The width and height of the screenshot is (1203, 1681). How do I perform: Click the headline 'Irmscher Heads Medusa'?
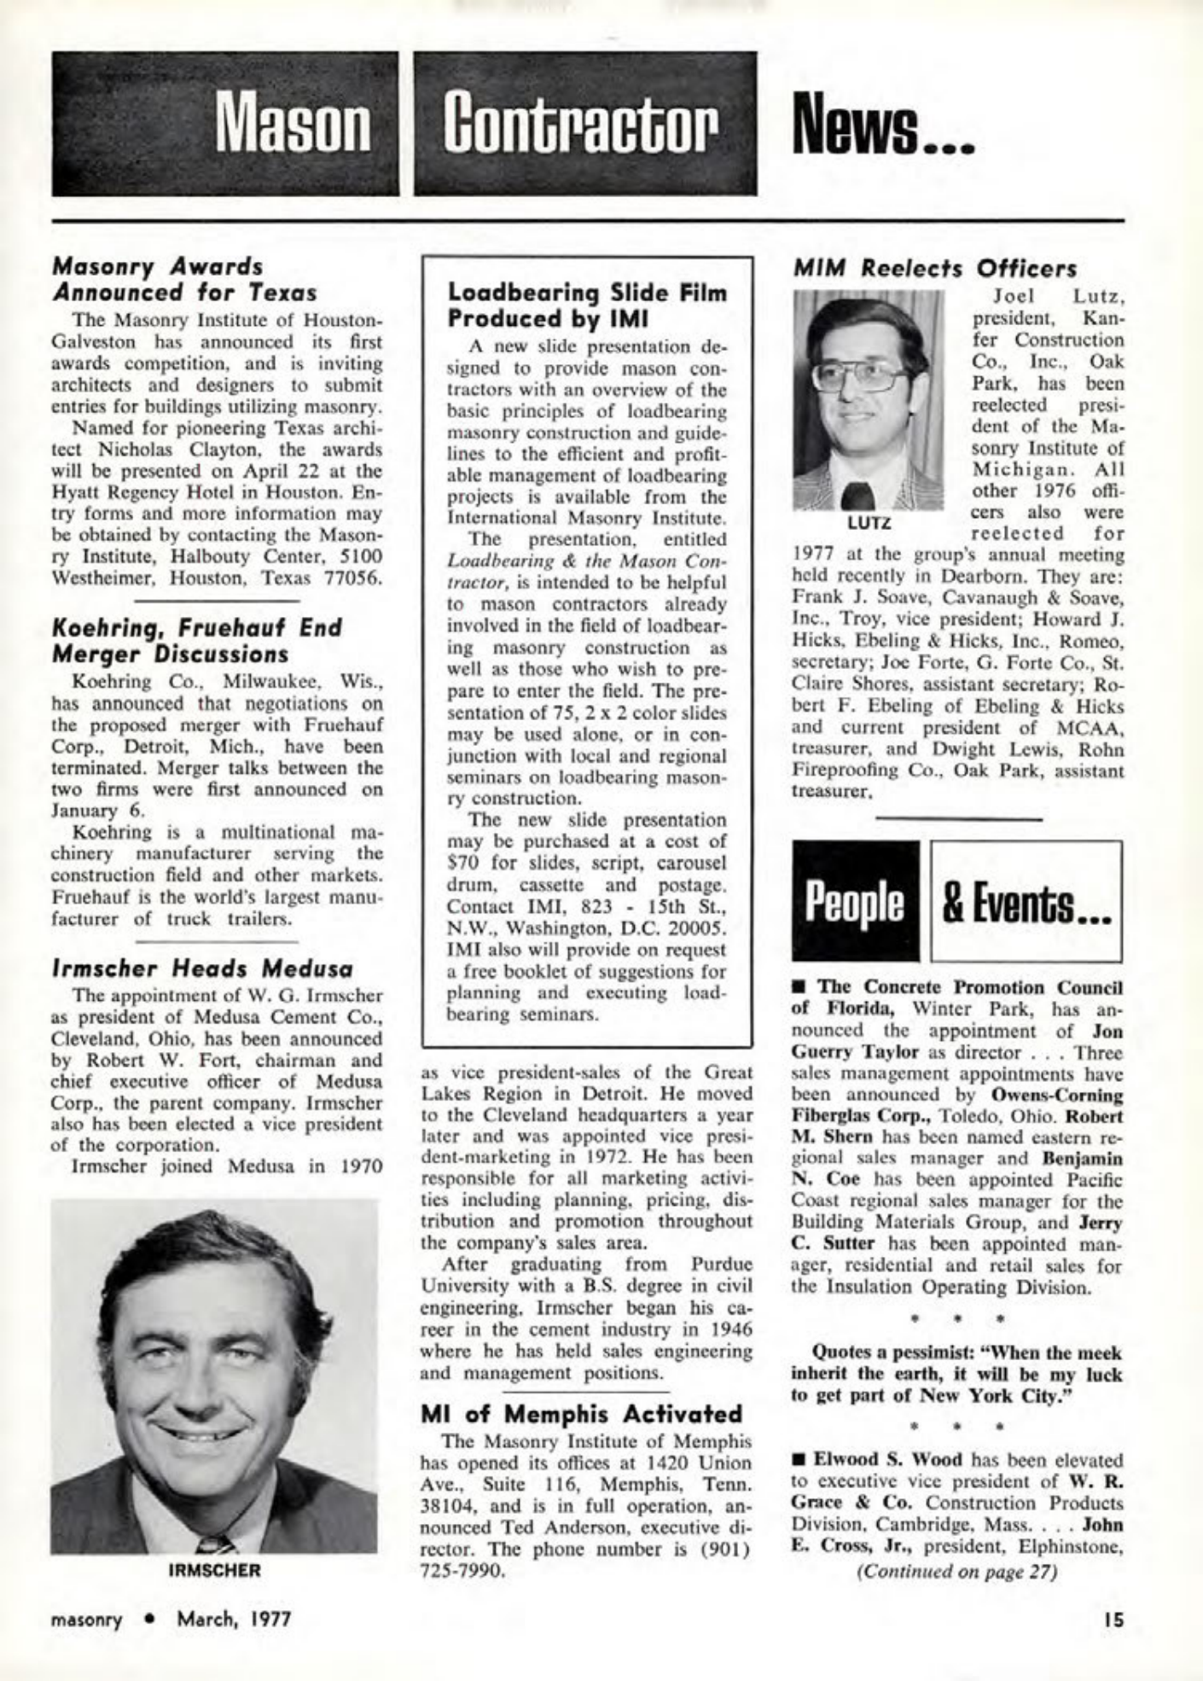click(x=203, y=969)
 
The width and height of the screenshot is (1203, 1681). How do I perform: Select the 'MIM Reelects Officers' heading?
click(x=935, y=269)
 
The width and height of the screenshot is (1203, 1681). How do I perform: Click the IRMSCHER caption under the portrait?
click(x=214, y=1571)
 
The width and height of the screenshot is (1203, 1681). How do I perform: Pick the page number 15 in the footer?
click(x=1113, y=1619)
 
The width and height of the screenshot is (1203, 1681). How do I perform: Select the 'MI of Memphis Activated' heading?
click(x=583, y=1414)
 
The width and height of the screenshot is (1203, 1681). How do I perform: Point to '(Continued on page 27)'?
click(x=957, y=1572)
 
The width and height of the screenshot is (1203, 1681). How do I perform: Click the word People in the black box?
click(x=855, y=902)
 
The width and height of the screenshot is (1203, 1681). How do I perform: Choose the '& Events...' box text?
click(x=1026, y=902)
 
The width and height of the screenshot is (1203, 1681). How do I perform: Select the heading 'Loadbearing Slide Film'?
click(x=587, y=294)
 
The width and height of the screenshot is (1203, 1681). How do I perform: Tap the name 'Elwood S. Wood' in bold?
click(x=888, y=1460)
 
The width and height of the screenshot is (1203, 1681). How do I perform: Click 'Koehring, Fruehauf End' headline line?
click(x=197, y=628)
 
